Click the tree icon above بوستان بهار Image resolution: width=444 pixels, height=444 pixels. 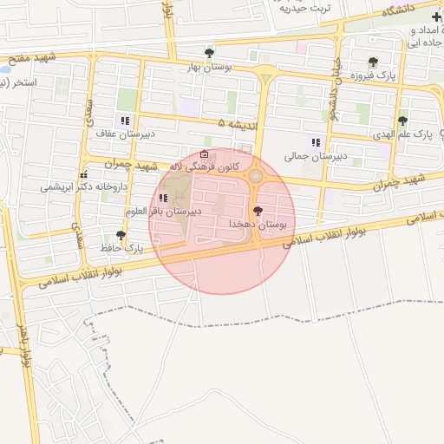(207, 53)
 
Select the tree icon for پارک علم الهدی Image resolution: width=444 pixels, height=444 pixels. (402, 121)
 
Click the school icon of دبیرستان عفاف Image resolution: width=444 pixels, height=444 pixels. (125, 121)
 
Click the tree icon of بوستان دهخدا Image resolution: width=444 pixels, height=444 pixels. (257, 211)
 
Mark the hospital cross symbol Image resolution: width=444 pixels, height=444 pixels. (436, 17)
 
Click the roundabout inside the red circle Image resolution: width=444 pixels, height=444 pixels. (256, 177)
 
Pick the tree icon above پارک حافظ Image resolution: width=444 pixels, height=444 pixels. (120, 235)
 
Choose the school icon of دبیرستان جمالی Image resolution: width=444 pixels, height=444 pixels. (316, 142)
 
